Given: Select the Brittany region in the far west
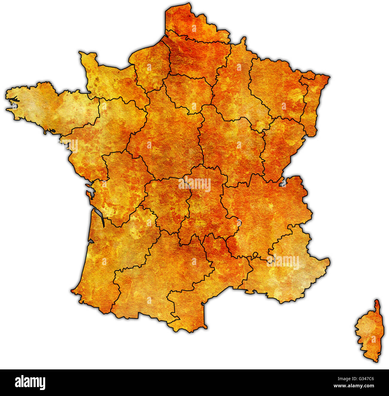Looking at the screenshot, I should [51, 108].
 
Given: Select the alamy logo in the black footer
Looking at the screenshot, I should [30, 383].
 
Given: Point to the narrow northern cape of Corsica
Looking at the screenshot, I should [377, 305].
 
